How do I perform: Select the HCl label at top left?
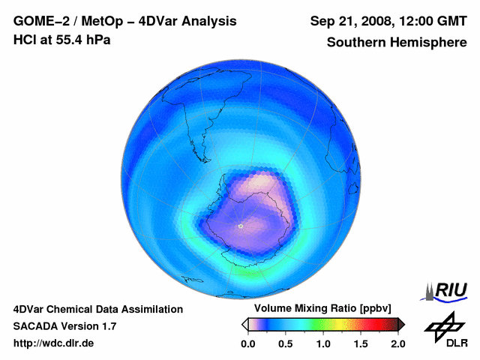click(24, 40)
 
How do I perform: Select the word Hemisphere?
click(429, 43)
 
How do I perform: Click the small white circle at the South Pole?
click(240, 225)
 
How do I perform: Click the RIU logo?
click(445, 290)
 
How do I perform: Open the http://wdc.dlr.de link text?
click(54, 343)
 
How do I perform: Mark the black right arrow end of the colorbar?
click(400, 324)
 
